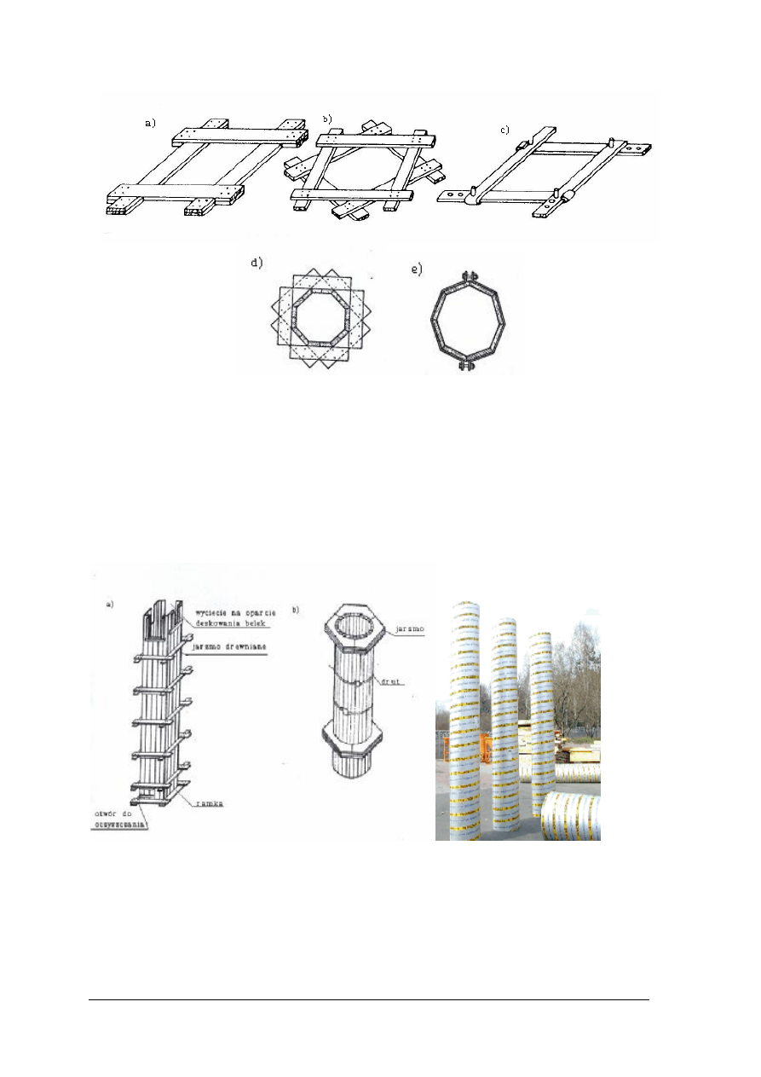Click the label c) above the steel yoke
click(504, 130)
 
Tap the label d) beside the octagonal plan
click(256, 263)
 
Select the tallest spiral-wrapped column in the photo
click(468, 716)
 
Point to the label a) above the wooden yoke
click(150, 124)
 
